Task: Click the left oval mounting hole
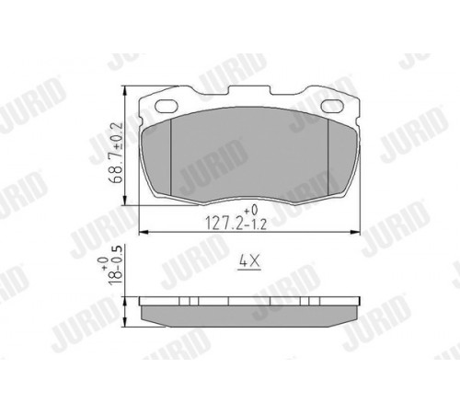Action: (167, 106)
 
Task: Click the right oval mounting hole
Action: (332, 106)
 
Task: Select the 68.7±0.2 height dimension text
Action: (117, 153)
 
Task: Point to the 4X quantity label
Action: (249, 262)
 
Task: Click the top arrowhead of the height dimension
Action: (125, 91)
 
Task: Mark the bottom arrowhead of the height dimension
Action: (125, 201)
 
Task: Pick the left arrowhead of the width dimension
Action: (144, 233)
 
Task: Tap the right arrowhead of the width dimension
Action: (355, 233)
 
